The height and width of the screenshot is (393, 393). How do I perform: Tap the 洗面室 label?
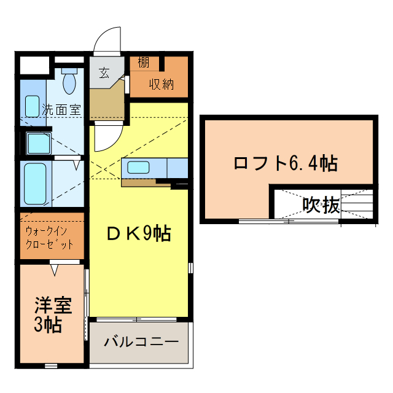tap(61, 110)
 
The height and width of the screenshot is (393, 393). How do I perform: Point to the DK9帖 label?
tap(138, 233)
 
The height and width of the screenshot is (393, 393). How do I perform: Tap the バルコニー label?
tap(141, 342)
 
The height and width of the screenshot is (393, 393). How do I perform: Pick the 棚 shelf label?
tap(143, 63)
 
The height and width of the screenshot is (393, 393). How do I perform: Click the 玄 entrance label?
tap(104, 73)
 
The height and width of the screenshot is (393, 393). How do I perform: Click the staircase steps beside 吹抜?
tap(359, 204)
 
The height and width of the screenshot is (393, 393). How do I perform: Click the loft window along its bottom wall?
tap(289, 220)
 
